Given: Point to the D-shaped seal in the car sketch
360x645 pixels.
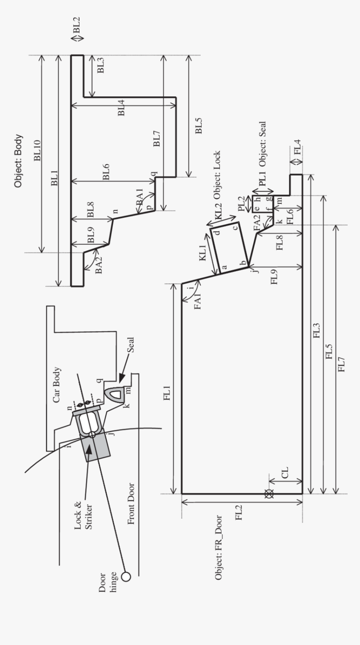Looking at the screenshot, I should (113, 394).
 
